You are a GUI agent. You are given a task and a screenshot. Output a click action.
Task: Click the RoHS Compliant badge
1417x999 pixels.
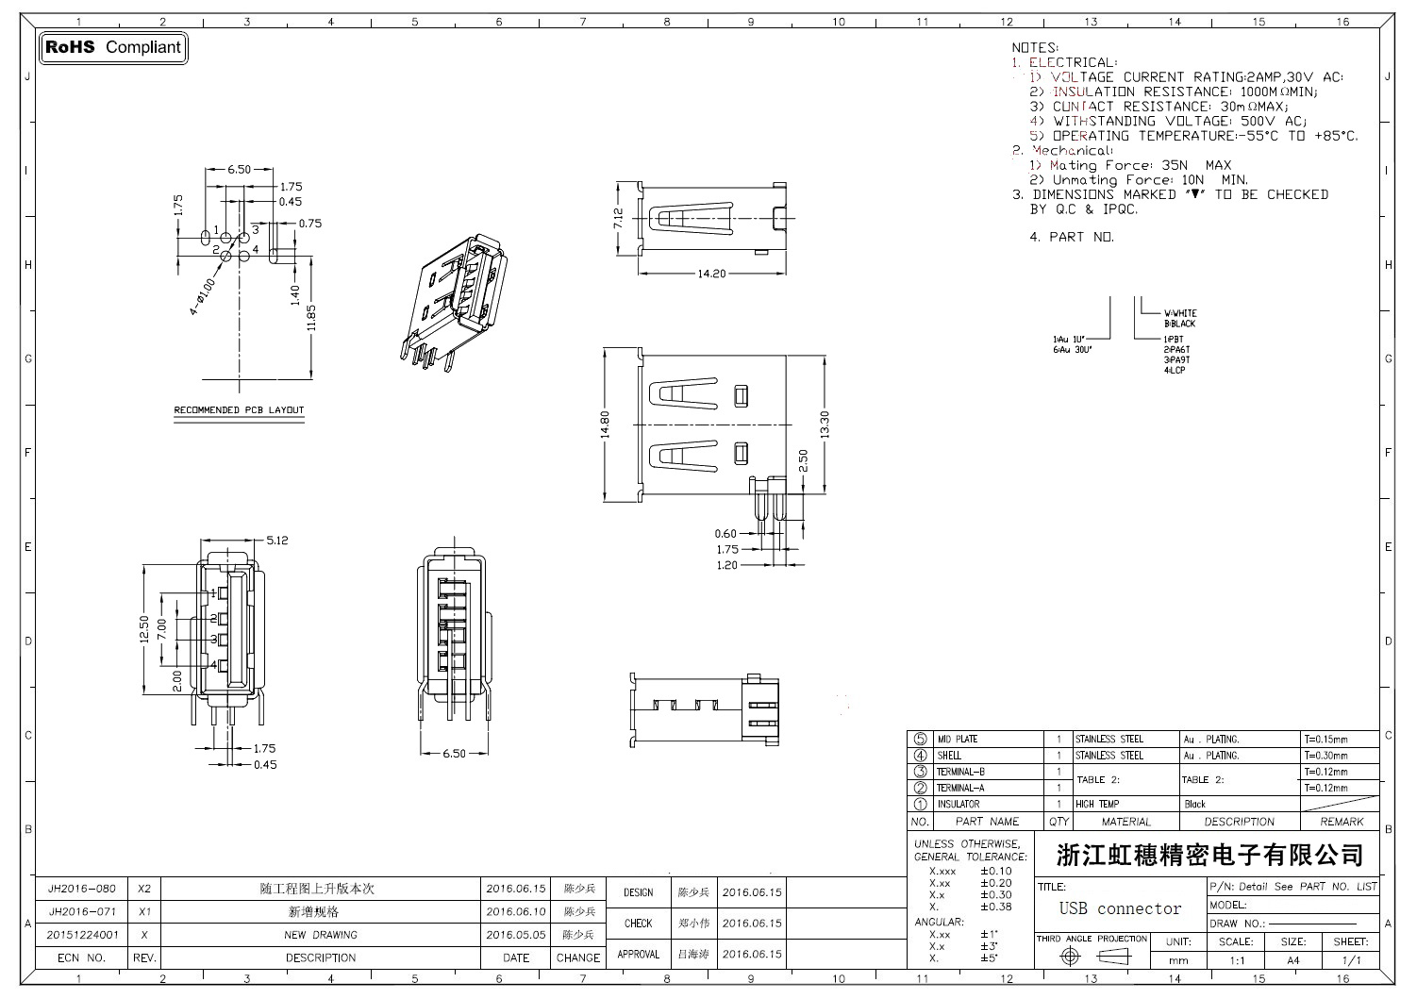coord(113,47)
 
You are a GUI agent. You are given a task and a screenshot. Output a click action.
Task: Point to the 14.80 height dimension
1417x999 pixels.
coord(606,425)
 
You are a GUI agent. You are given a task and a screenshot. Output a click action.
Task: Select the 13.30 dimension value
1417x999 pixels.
coord(825,425)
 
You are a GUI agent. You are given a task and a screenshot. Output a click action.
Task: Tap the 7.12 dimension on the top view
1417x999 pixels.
coord(618,218)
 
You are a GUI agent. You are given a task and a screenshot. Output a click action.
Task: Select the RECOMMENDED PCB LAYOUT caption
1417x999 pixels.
coord(239,410)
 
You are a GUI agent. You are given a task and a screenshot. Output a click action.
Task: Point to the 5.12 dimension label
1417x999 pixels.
coord(276,541)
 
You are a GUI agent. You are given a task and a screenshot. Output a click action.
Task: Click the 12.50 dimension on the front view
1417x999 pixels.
coord(143,629)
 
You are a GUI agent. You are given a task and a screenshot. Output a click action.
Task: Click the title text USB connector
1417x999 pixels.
coord(1120,908)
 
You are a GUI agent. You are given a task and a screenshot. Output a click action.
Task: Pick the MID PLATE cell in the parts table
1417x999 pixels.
coord(958,740)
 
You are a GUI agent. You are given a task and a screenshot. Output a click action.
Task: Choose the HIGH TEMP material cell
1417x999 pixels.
coord(1097,804)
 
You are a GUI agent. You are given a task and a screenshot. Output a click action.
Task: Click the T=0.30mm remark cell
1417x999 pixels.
coord(1326,756)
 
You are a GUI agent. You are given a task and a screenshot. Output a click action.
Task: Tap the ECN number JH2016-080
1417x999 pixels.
coord(82,889)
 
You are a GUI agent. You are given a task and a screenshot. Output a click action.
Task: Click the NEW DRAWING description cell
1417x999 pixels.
coord(321,935)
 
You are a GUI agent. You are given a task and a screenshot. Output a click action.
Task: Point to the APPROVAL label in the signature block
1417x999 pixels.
coord(638,954)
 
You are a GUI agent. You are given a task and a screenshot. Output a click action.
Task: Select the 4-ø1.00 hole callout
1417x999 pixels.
coord(203,295)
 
